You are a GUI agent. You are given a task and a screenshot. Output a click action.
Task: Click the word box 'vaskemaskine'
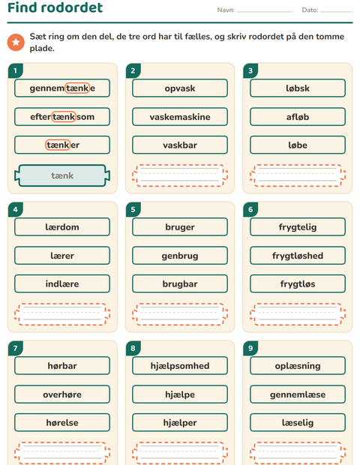pos(180,117)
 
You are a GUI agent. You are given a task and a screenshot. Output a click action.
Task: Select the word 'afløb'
pos(298,117)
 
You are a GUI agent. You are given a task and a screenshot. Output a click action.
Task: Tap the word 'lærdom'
pos(62,226)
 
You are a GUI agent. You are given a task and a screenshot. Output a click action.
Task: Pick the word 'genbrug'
pos(180,256)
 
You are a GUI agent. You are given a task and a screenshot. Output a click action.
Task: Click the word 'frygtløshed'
pos(298,256)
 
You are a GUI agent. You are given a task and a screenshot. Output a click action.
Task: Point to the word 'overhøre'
pos(62,394)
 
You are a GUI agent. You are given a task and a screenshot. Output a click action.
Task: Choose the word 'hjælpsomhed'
pos(180,366)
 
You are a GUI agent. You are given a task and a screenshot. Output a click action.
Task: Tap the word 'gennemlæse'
pos(298,394)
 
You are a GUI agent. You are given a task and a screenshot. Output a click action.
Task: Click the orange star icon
pos(16,42)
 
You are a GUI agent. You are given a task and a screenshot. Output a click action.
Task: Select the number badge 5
pos(133,209)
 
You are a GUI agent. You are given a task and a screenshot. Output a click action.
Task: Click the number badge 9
pos(250,348)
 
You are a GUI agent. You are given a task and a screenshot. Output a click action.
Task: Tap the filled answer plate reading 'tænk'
pos(62,175)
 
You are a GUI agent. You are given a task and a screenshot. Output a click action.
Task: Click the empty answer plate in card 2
pos(180,175)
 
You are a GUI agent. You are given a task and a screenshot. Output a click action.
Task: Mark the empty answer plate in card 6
pos(298,314)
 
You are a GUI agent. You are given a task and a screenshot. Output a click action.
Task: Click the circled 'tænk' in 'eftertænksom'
pos(64,116)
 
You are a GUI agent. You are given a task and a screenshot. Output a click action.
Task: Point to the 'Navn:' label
pos(226,10)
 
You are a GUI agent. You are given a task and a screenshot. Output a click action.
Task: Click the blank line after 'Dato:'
pos(336,12)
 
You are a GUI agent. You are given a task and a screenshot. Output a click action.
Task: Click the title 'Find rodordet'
pos(55,7)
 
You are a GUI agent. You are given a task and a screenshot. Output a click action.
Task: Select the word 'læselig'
pos(298,423)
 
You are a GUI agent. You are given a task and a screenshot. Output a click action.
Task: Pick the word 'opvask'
pos(180,88)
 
